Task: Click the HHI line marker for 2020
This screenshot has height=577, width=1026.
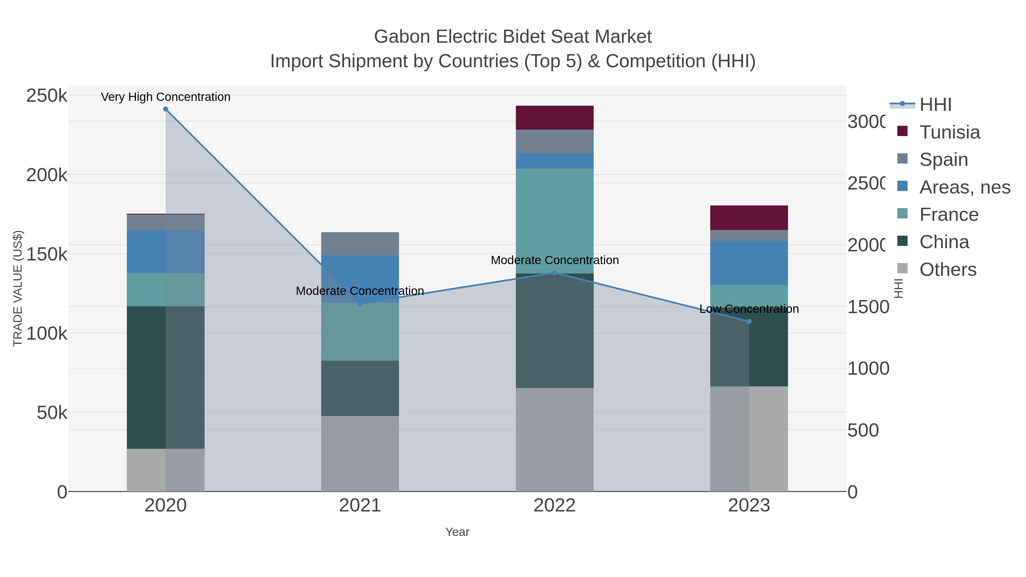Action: pyautogui.click(x=166, y=109)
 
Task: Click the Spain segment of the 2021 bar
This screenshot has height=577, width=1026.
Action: pyautogui.click(x=360, y=244)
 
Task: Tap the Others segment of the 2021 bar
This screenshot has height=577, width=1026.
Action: pyautogui.click(x=360, y=454)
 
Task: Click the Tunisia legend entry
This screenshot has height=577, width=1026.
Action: pyautogui.click(x=950, y=132)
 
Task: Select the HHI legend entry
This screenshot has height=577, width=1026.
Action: pyautogui.click(x=935, y=105)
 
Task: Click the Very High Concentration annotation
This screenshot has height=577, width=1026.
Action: pyautogui.click(x=166, y=97)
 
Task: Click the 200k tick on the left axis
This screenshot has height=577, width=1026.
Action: pyautogui.click(x=47, y=175)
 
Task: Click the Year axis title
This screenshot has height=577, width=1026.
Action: pyautogui.click(x=457, y=532)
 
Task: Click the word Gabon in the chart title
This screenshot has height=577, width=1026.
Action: pyautogui.click(x=402, y=37)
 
